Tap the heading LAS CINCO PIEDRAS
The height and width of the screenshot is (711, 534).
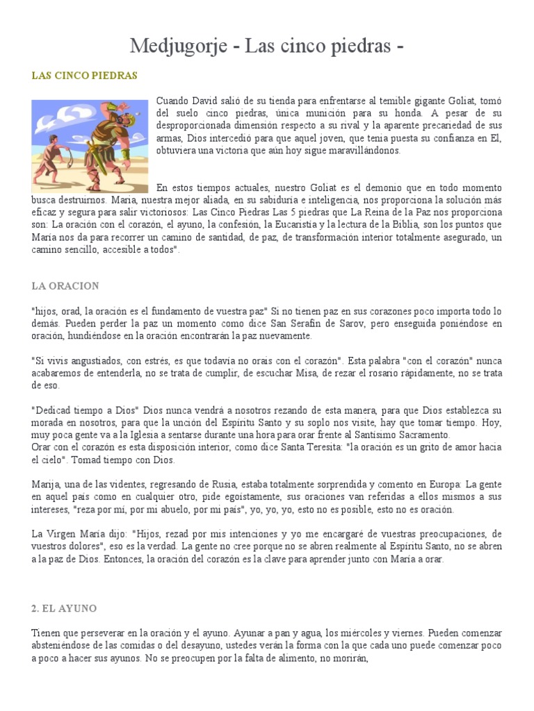[84, 75]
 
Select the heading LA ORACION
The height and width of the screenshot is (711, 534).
[65, 285]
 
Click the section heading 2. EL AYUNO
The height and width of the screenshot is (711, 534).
[64, 608]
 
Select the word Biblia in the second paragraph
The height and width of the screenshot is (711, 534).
[401, 224]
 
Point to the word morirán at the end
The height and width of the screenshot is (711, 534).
[348, 658]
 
